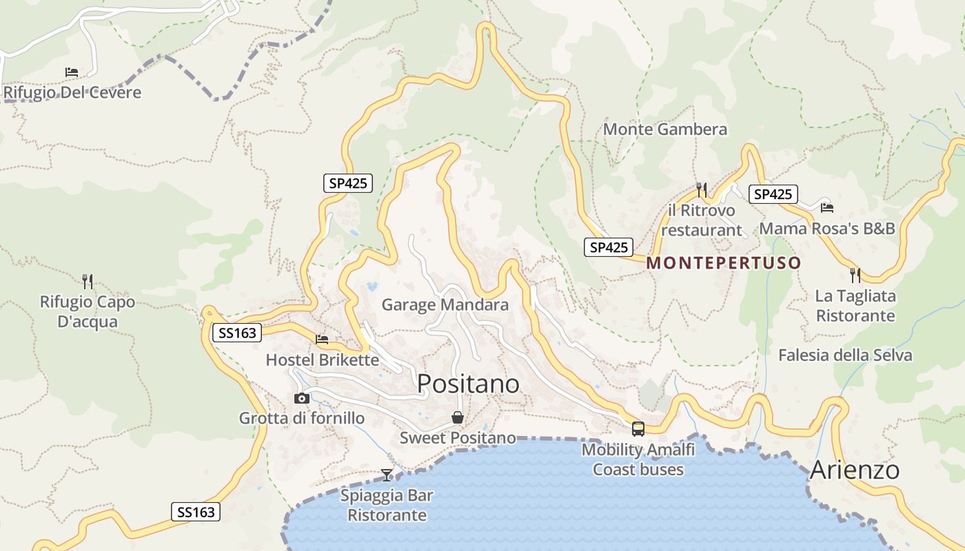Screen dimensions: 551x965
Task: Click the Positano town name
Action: click(468, 384)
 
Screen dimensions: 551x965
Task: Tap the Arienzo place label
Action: click(855, 470)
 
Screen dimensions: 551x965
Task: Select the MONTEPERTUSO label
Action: click(724, 262)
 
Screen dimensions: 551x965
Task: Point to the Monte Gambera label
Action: click(664, 129)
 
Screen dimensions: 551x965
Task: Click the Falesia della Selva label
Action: click(845, 355)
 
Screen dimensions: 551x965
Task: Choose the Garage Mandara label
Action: click(445, 304)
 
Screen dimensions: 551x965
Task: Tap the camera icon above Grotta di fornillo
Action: click(301, 398)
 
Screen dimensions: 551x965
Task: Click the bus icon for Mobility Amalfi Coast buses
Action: click(638, 428)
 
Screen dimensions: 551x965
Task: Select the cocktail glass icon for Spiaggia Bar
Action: click(387, 475)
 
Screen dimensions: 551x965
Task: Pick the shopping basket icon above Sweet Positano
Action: click(457, 417)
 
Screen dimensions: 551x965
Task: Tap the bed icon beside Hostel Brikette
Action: click(322, 339)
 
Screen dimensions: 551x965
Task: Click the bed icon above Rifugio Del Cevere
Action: click(72, 72)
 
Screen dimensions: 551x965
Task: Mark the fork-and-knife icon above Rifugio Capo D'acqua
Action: click(88, 281)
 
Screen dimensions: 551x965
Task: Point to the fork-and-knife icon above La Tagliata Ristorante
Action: click(855, 275)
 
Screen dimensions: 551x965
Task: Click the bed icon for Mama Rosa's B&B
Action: click(827, 207)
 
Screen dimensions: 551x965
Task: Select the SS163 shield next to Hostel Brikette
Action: click(237, 333)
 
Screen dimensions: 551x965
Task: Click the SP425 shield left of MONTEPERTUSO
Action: click(609, 247)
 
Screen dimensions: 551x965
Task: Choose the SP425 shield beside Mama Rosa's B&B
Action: click(773, 194)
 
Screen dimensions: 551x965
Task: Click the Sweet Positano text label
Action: click(458, 437)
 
